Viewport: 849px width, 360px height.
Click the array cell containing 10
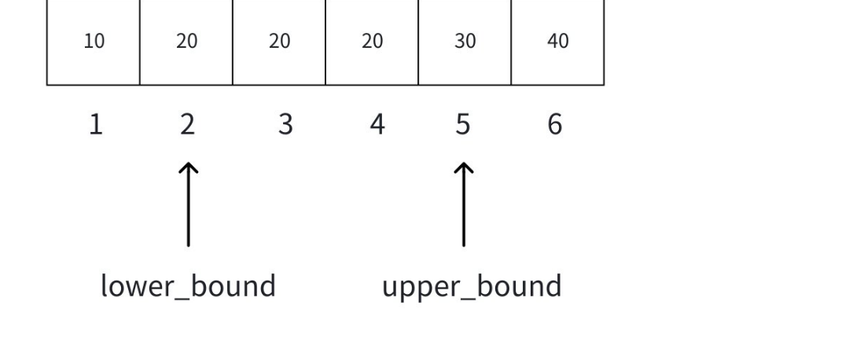tap(94, 42)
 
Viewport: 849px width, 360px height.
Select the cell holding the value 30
tap(465, 42)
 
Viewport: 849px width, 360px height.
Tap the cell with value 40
tap(557, 42)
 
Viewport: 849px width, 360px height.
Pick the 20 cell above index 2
tap(186, 42)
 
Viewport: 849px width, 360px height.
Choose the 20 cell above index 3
tap(279, 42)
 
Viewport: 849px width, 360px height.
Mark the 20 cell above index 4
tap(372, 42)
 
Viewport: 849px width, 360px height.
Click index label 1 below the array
tap(95, 124)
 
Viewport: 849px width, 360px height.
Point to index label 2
tap(187, 124)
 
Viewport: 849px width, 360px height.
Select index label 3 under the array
tap(285, 124)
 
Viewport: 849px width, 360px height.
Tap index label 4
tap(377, 124)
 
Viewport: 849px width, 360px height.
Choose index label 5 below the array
tap(463, 124)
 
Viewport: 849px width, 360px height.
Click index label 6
tap(555, 124)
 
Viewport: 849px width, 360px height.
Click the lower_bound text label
tap(188, 286)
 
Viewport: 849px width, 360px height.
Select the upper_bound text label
tap(472, 286)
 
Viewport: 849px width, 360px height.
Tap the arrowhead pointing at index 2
tap(188, 167)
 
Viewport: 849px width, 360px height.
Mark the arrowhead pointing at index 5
tap(464, 167)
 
